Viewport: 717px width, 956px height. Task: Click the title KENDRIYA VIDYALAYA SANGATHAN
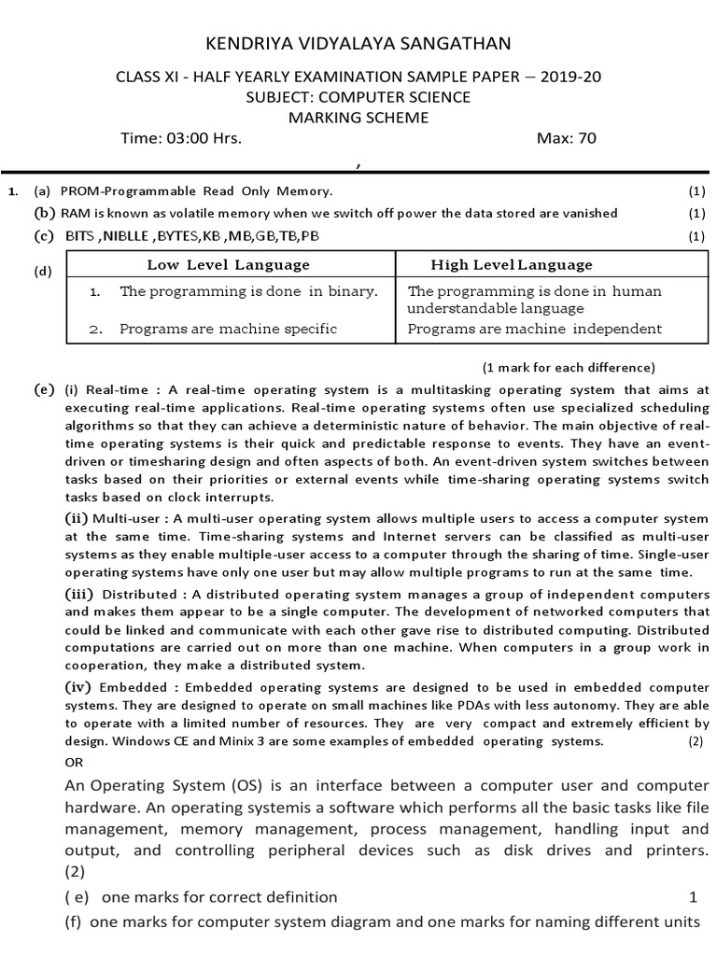[x=358, y=44]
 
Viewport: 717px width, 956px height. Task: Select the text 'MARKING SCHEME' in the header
[x=358, y=118]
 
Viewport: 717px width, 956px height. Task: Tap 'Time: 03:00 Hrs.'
[x=181, y=139]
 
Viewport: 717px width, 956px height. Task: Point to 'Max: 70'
[x=566, y=139]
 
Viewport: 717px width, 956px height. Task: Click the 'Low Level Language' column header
[x=228, y=265]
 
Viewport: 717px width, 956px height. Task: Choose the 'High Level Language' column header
[x=511, y=265]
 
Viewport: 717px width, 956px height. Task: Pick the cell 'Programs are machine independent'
[x=535, y=329]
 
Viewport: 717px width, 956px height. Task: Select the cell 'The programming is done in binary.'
[x=248, y=291]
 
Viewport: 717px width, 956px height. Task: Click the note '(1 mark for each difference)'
[x=568, y=367]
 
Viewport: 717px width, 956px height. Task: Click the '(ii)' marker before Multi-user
[x=77, y=518]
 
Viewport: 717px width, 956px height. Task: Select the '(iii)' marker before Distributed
[x=79, y=594]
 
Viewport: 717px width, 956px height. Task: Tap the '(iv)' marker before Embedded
[x=78, y=687]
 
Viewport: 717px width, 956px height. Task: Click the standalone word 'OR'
[x=74, y=762]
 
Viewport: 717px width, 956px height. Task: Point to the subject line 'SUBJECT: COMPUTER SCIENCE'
[x=358, y=97]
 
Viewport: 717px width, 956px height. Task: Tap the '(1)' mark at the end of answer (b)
[x=696, y=214]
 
